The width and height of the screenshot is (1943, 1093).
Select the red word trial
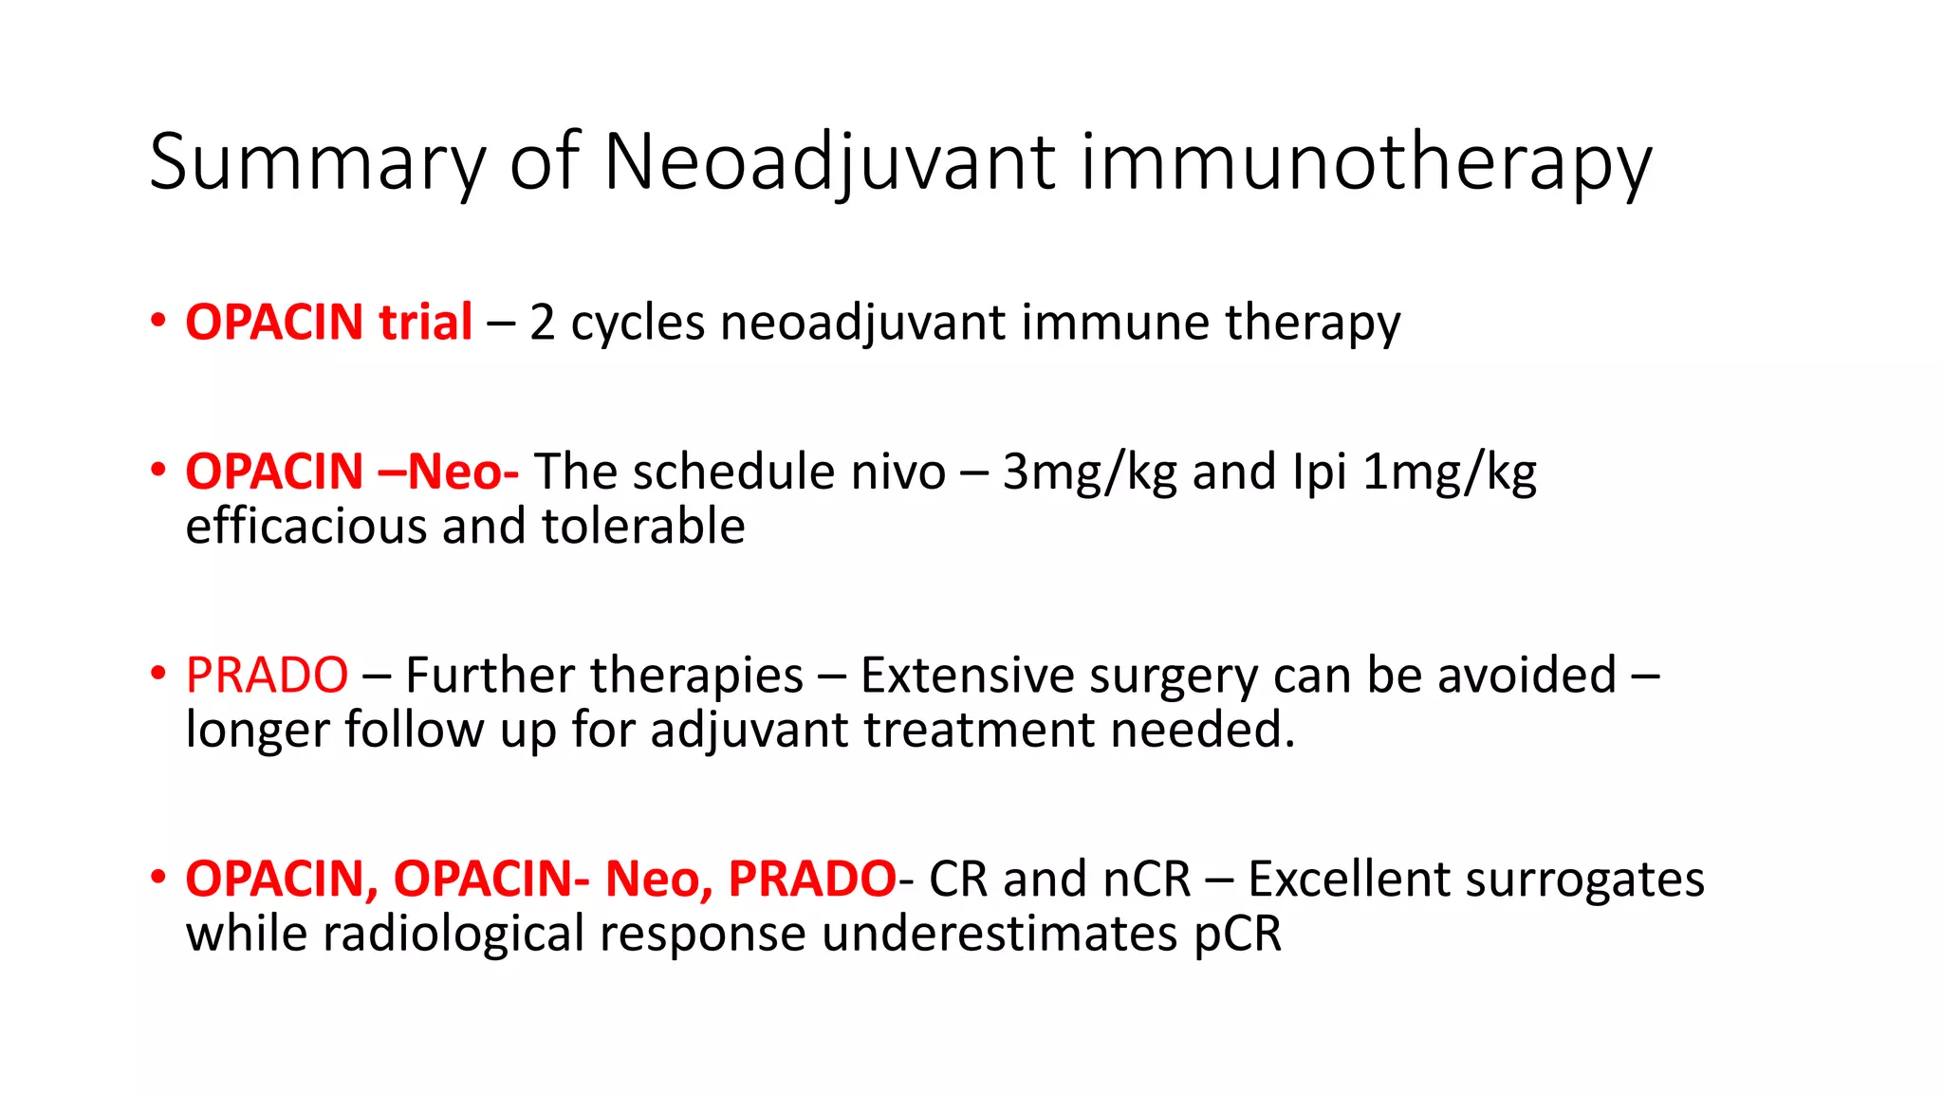coord(425,323)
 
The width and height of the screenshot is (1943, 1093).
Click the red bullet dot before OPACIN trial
coord(158,321)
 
